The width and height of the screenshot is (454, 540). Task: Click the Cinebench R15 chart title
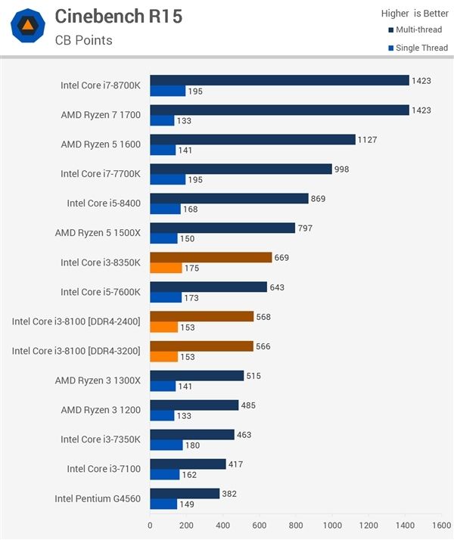click(x=118, y=17)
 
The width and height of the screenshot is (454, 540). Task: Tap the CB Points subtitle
click(x=83, y=40)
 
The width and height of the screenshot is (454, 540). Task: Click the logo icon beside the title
click(x=27, y=26)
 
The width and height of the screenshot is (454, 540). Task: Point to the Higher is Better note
click(x=415, y=13)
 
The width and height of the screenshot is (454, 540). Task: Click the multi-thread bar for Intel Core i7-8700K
click(x=279, y=80)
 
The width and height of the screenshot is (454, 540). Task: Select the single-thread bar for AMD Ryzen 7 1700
click(x=162, y=120)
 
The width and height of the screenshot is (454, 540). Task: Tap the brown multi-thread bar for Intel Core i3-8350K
click(x=210, y=257)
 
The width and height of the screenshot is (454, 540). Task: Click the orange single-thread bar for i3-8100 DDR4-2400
click(x=163, y=327)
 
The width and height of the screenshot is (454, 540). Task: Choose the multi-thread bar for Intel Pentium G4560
click(x=185, y=493)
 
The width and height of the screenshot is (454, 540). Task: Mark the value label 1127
click(x=367, y=139)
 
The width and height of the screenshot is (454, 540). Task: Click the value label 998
click(x=341, y=169)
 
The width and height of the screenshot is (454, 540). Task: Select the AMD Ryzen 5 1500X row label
click(x=98, y=233)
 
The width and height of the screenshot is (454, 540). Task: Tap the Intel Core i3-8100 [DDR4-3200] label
click(x=76, y=351)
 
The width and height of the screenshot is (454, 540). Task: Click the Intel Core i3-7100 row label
click(x=104, y=469)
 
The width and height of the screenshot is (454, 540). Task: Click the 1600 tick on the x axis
click(x=441, y=525)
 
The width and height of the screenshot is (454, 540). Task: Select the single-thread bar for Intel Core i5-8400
click(x=165, y=209)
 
